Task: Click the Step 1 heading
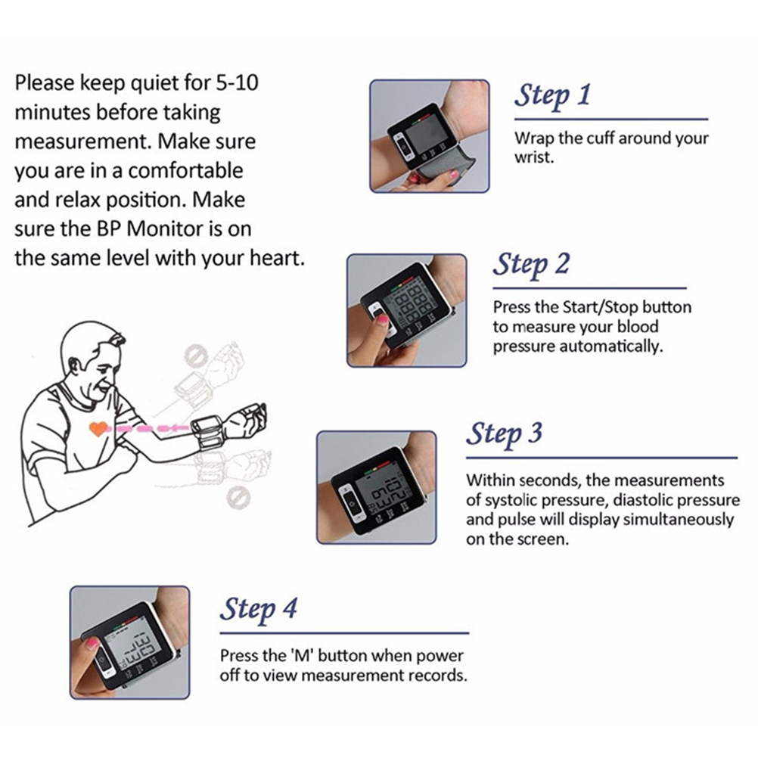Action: [x=552, y=95]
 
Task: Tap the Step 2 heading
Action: [x=531, y=265]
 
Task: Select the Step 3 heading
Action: [x=505, y=433]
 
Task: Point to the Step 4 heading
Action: [x=258, y=609]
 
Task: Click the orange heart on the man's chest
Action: [x=98, y=428]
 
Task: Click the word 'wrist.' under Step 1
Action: [x=533, y=157]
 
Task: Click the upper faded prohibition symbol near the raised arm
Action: [x=196, y=356]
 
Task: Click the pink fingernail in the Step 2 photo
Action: [x=383, y=319]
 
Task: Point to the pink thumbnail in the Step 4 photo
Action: [x=92, y=644]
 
